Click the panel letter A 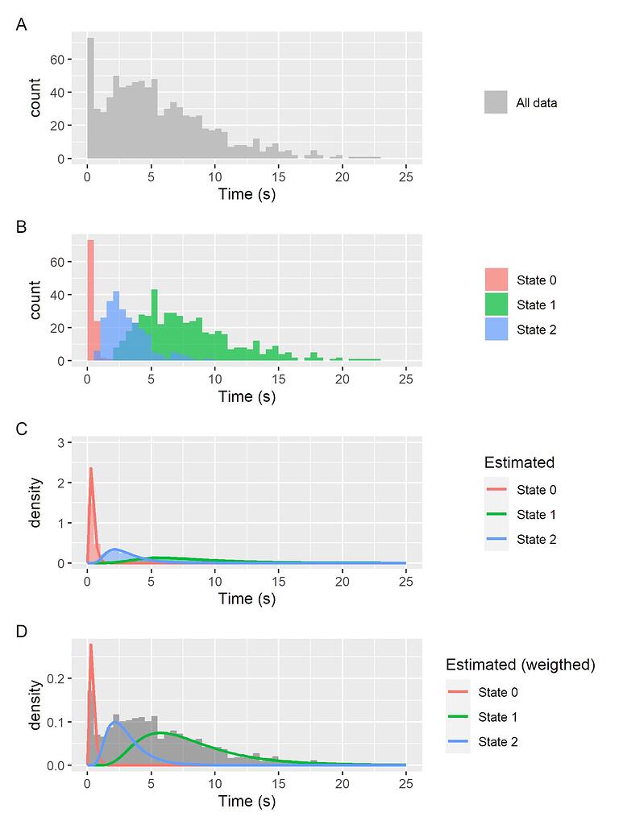click(22, 26)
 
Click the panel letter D click(22, 632)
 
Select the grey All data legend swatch click(496, 102)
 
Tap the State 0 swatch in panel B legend click(496, 280)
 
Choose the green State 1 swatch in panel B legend click(496, 305)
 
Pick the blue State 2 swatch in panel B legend click(496, 329)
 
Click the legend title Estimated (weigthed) click(520, 665)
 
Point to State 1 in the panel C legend click(537, 515)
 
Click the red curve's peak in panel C click(90, 468)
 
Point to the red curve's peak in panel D click(90, 645)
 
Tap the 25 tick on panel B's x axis click(406, 376)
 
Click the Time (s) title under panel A click(247, 194)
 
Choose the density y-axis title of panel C click(35, 504)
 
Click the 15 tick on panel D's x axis click(279, 781)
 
